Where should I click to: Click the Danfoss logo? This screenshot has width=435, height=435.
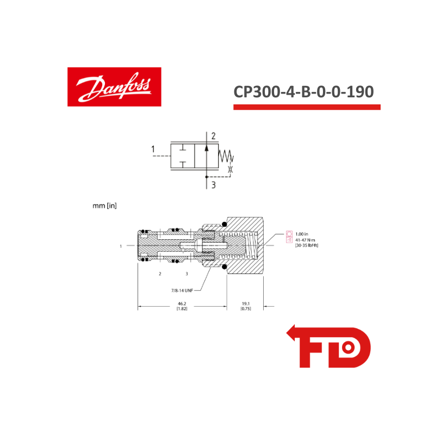click(x=114, y=86)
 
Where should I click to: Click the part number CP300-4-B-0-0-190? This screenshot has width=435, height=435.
click(x=303, y=91)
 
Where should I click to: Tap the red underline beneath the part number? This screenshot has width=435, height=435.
click(x=307, y=107)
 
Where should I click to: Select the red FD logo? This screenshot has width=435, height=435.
click(x=328, y=347)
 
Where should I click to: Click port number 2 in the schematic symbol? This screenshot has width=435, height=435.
click(x=214, y=136)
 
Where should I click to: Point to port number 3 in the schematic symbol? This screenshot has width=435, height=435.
click(x=214, y=185)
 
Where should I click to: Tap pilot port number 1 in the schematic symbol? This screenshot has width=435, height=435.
click(x=153, y=148)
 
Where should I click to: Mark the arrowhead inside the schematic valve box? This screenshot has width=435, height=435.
click(x=207, y=147)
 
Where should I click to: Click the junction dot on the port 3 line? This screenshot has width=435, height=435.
click(x=207, y=176)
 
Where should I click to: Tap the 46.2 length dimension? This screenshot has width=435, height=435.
click(x=182, y=303)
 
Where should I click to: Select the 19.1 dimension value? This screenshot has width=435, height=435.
click(x=245, y=303)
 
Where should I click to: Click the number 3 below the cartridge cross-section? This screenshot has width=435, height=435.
click(x=187, y=274)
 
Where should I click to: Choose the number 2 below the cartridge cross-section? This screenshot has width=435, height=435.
click(x=160, y=274)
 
